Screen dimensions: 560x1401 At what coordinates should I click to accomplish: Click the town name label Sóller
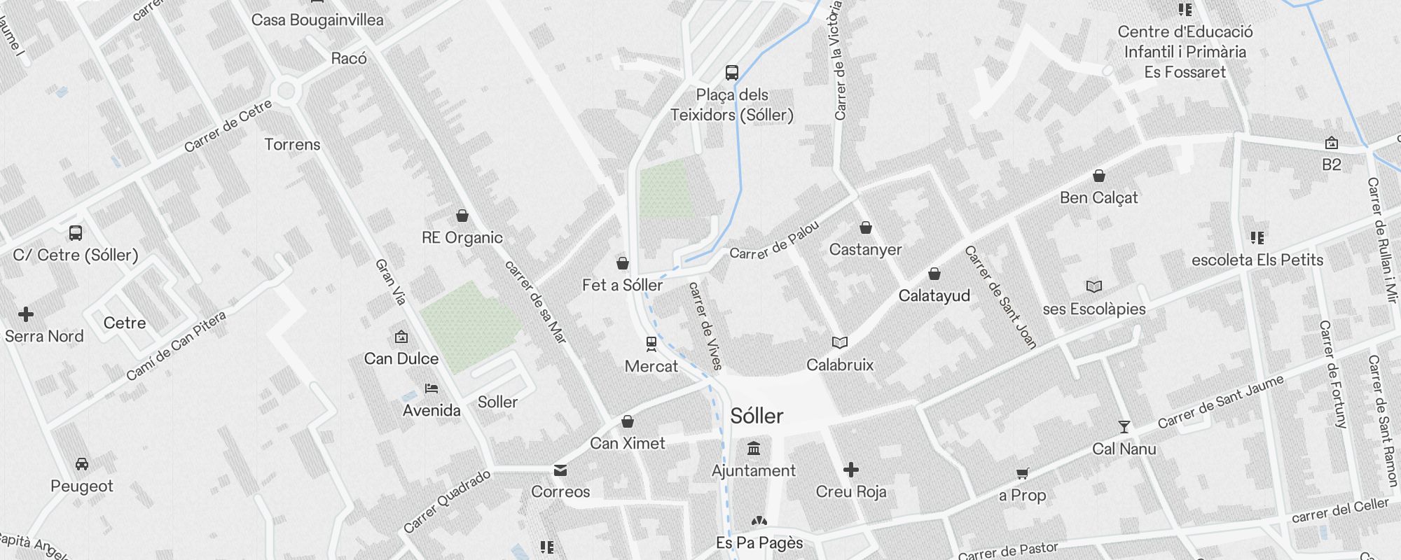click(x=757, y=416)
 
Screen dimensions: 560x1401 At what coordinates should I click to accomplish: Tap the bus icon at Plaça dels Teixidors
click(x=731, y=73)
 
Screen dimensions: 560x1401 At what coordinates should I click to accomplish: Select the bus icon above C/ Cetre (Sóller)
click(x=76, y=233)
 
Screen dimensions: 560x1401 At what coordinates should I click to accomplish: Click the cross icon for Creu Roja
click(x=851, y=470)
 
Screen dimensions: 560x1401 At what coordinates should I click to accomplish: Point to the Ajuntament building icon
click(x=754, y=448)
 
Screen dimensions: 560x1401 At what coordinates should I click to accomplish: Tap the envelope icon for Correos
click(x=560, y=470)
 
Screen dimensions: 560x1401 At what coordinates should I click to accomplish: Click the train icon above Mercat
click(x=651, y=344)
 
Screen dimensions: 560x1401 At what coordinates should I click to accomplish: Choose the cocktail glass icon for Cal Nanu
click(x=1124, y=426)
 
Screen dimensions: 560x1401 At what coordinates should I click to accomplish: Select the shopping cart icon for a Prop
click(x=1022, y=474)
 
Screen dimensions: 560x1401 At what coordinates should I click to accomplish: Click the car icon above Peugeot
click(x=82, y=464)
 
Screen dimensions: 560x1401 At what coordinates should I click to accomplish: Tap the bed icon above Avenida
click(x=432, y=388)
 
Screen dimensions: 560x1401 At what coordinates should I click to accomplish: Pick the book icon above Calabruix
click(x=840, y=342)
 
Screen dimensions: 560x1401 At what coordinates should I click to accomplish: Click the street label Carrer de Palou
click(x=774, y=241)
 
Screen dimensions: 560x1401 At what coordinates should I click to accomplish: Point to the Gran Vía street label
click(x=391, y=282)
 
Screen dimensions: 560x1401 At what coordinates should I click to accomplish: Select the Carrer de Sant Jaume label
click(x=1220, y=401)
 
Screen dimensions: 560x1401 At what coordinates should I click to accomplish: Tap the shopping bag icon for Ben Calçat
click(x=1099, y=176)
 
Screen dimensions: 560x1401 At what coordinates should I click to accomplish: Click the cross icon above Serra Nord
click(x=26, y=314)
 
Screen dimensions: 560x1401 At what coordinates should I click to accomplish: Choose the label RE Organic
click(x=462, y=237)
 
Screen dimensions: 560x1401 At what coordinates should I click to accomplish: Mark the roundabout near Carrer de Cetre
click(x=285, y=90)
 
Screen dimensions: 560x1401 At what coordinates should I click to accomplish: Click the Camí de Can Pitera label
click(x=177, y=346)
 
